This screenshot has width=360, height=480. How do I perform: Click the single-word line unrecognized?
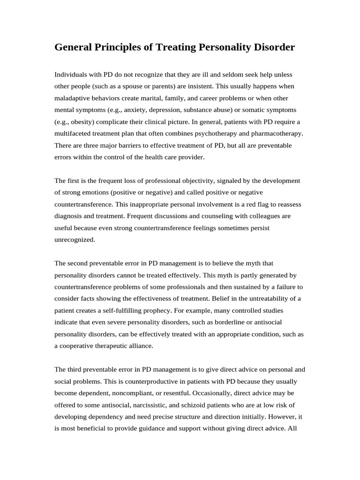pos(75,239)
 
